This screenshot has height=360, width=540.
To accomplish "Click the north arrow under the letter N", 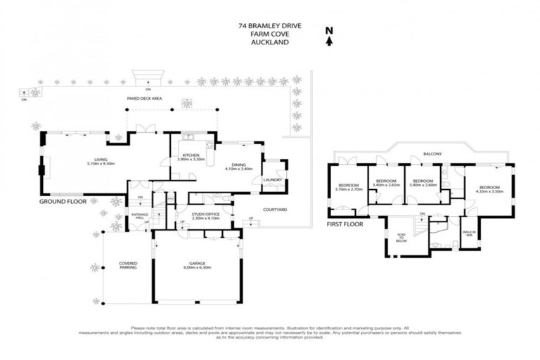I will point(328,41).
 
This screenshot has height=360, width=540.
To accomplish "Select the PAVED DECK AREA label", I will point(144,99).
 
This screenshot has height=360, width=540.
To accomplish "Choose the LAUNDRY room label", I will point(272,179).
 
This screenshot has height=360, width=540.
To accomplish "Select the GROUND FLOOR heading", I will point(63,201).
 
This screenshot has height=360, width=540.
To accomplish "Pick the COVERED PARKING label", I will point(128,265).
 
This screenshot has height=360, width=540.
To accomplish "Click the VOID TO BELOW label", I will point(402,236).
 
